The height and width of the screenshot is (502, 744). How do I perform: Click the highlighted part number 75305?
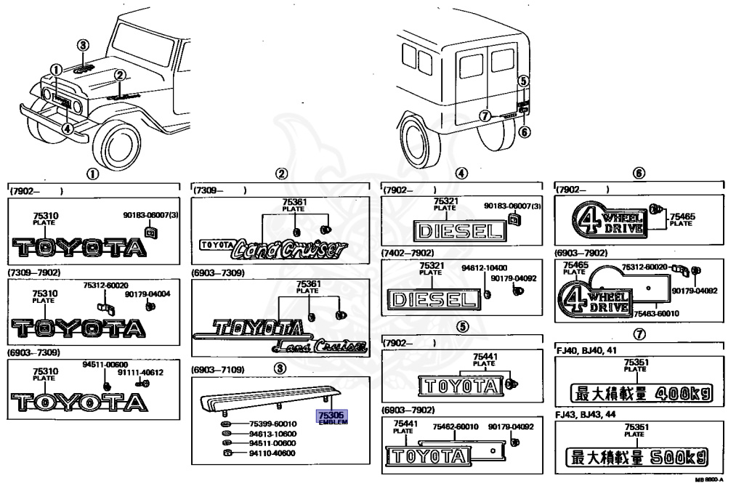pyautogui.click(x=331, y=415)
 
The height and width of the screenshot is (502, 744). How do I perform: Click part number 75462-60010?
pyautogui.click(x=456, y=428)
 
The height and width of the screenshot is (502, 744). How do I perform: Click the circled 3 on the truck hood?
pyautogui.click(x=84, y=45)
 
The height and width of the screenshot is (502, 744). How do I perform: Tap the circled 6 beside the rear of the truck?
pyautogui.click(x=525, y=131)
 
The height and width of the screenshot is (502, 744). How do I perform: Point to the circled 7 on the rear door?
pyautogui.click(x=484, y=115)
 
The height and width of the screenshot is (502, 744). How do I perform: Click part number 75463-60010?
pyautogui.click(x=657, y=314)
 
